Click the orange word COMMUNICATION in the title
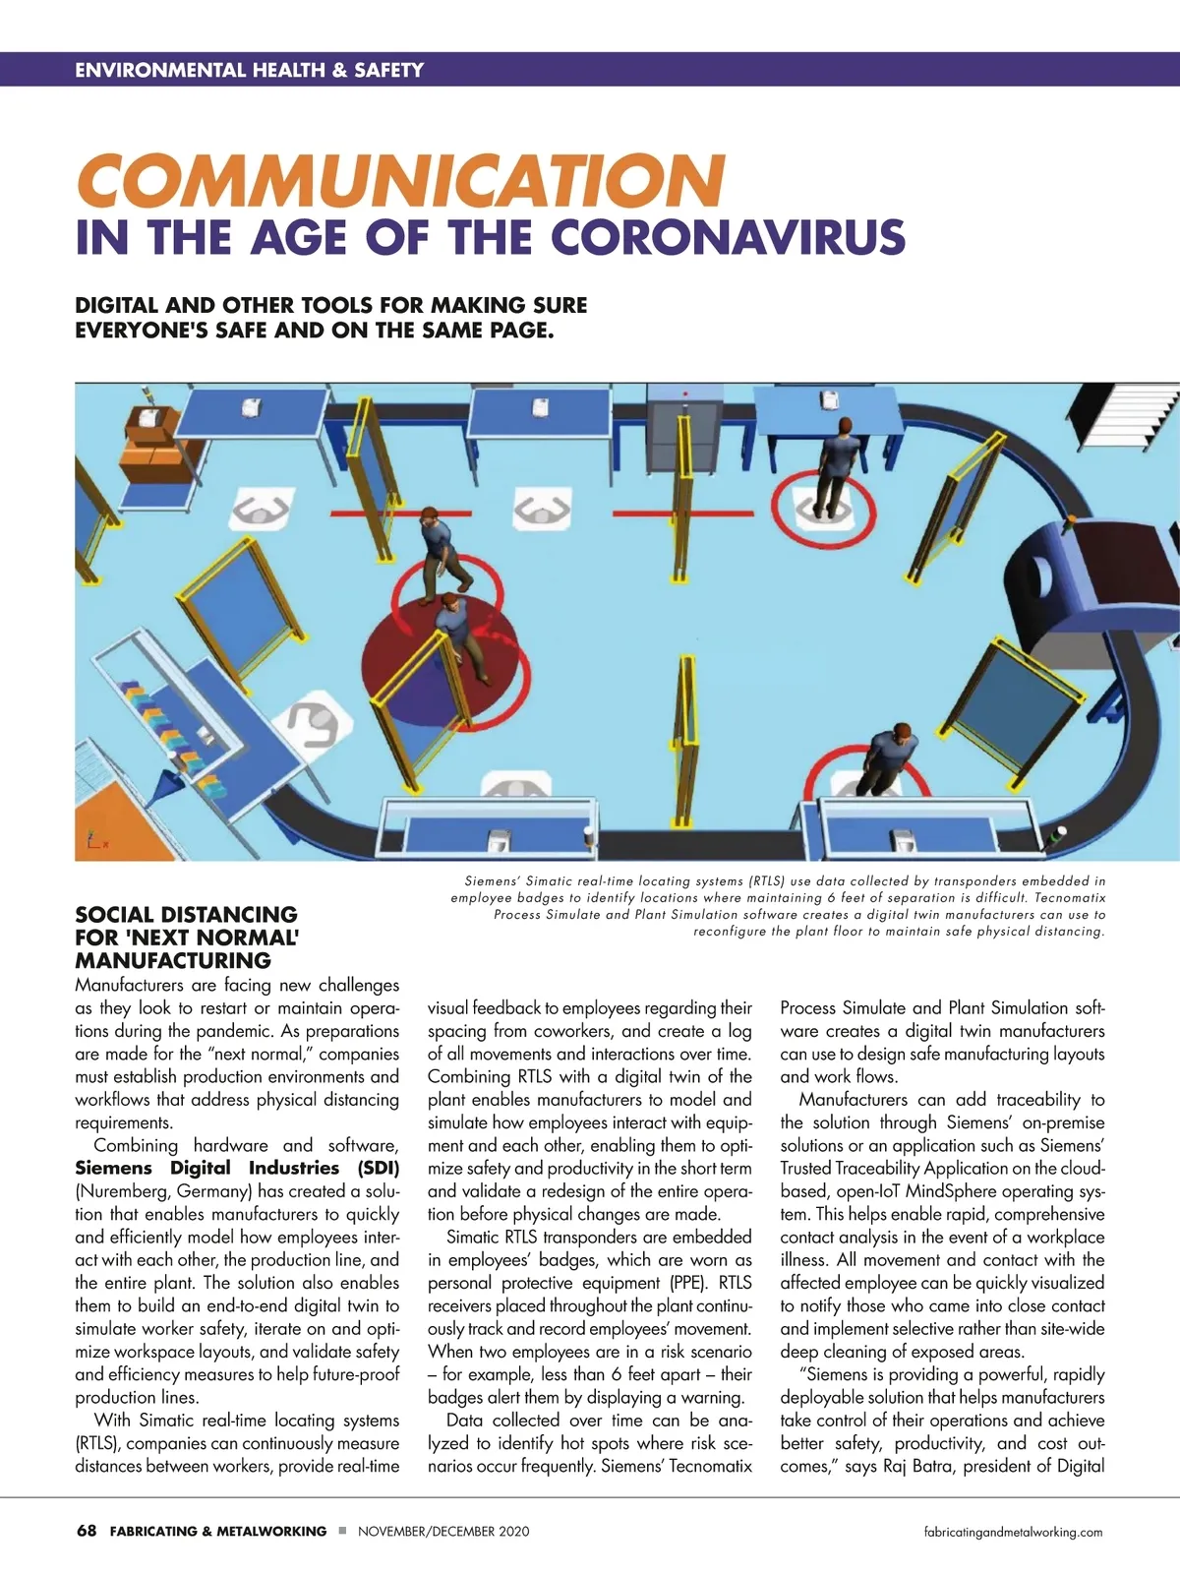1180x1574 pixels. point(400,181)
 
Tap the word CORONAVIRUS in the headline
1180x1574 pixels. point(727,239)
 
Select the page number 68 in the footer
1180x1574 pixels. point(87,1531)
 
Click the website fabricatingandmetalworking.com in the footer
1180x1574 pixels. point(1014,1532)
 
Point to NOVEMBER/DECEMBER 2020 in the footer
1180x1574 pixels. point(443,1532)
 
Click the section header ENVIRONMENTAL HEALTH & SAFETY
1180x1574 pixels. point(249,70)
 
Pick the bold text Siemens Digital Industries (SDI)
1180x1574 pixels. point(237,1169)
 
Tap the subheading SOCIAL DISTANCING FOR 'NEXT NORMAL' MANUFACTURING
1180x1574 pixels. point(187,938)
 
